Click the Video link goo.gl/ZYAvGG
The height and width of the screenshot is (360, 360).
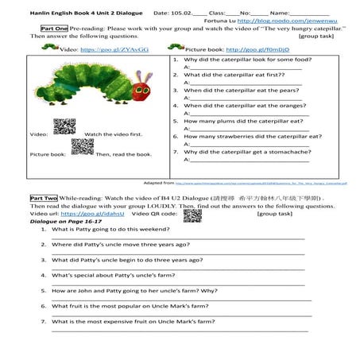[x=114, y=49]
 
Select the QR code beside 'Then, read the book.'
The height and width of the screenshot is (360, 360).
[x=78, y=145]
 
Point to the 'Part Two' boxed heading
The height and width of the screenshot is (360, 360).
[x=43, y=196]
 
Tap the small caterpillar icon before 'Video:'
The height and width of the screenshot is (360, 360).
[x=49, y=48]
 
